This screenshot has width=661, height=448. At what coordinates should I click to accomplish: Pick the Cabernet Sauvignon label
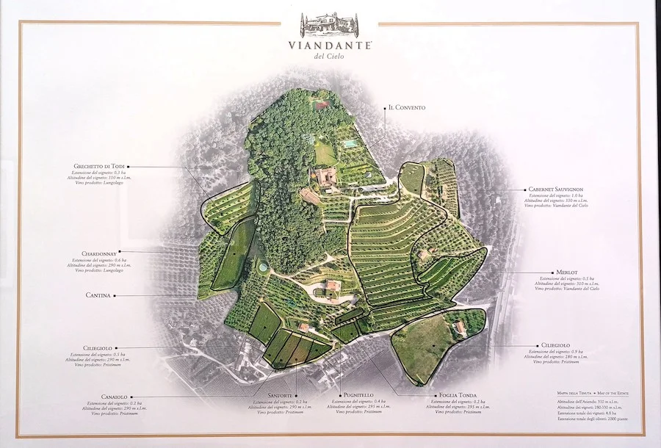coord(556,189)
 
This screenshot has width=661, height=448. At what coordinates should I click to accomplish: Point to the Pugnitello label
coord(358,396)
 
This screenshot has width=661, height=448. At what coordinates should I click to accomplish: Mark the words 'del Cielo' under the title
coord(330,57)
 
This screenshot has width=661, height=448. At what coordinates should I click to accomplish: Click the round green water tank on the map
coord(263,269)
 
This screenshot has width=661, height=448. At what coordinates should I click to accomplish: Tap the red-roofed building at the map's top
coord(321,106)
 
